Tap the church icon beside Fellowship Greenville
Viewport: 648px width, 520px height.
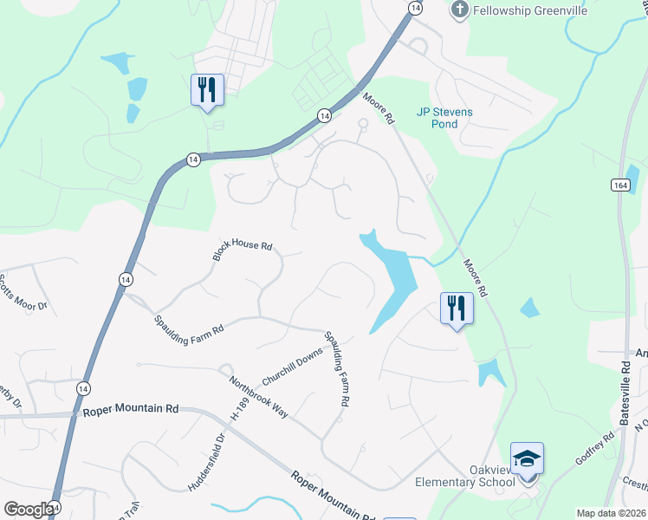[x=459, y=10]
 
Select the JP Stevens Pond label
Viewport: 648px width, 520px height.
[x=449, y=117]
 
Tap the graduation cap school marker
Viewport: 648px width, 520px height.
[x=527, y=458]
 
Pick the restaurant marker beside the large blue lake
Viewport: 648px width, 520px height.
[x=457, y=308]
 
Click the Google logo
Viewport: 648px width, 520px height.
[x=28, y=509]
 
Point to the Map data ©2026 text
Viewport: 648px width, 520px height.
[x=611, y=513]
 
